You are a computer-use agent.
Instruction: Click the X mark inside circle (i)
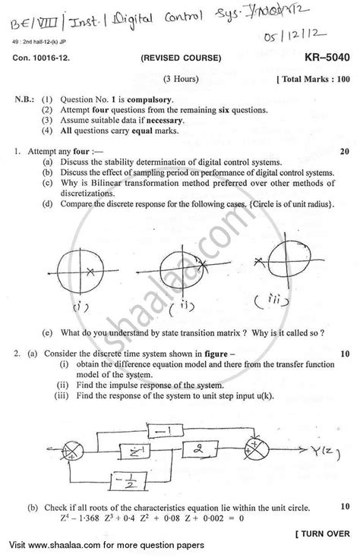(90, 271)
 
